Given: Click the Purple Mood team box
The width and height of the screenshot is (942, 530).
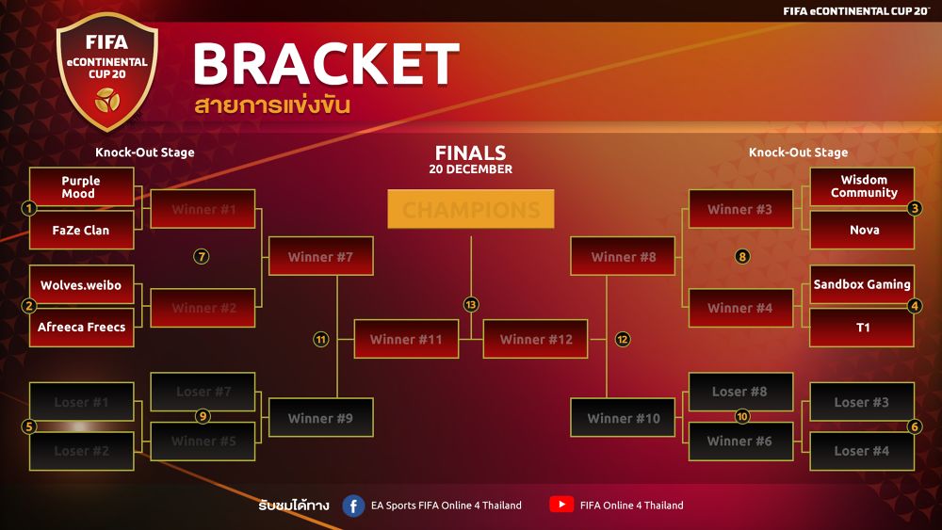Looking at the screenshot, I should point(81,187).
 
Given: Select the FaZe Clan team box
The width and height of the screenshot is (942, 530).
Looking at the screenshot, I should point(81,231).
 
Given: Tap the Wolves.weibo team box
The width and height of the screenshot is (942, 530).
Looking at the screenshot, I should point(81,285).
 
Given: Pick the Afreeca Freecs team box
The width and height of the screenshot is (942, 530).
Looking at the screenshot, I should point(81,328).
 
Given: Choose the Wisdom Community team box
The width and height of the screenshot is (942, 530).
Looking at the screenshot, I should point(863,186).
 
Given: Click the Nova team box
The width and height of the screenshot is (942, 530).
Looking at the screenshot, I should point(863,231).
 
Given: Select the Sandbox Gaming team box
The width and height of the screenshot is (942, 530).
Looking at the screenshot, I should point(862,284).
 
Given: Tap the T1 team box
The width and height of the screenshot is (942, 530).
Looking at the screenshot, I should point(863,328).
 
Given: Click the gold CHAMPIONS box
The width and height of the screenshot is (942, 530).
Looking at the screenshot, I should point(471,210).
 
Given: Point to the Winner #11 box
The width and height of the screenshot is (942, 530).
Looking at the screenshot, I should point(406,339).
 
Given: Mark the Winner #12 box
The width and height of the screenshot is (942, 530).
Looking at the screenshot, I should point(535,339).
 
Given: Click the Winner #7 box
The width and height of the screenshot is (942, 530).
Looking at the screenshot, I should point(321,256).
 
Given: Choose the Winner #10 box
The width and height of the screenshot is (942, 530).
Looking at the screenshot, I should point(623,418).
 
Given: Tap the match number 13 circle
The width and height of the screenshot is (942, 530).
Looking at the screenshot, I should point(471,305).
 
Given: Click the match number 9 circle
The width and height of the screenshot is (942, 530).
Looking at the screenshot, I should point(203,416).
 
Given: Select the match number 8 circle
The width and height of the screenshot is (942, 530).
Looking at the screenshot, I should point(742,256).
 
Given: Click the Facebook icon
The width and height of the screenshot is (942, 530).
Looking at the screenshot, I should point(353,506).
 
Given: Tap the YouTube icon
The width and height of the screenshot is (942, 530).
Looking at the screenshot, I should point(561,505).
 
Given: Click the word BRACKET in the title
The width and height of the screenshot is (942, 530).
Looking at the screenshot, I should point(326,65).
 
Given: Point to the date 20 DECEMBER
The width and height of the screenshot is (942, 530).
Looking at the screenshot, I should point(471,169).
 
